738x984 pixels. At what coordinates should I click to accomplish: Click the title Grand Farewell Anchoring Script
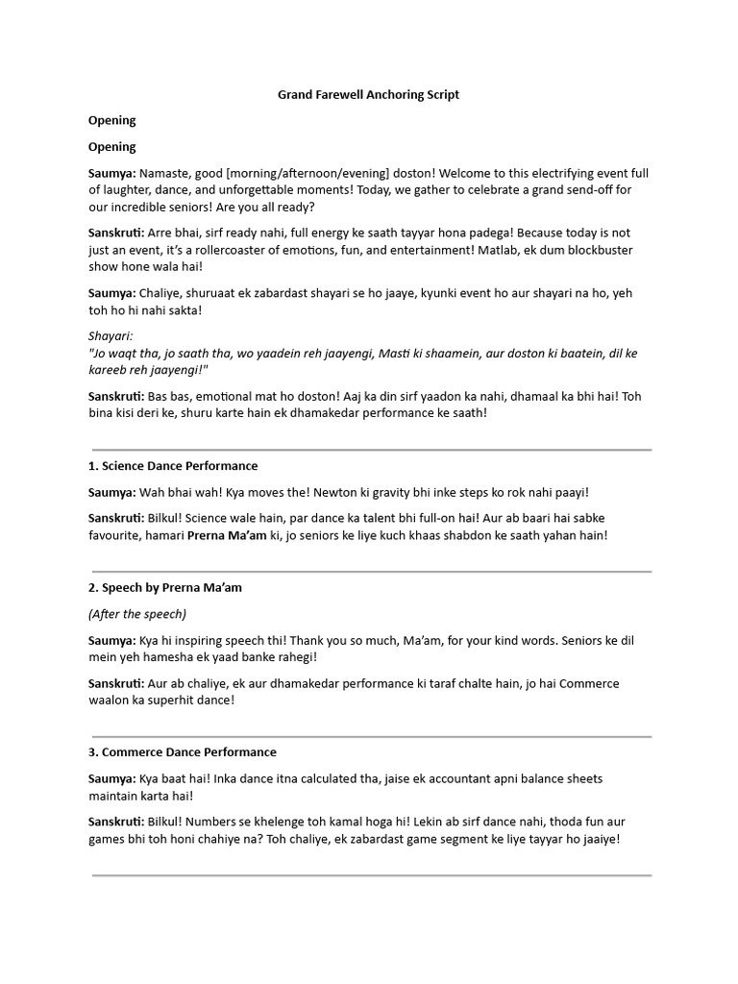point(368,94)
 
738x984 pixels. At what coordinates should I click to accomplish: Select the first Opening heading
point(111,120)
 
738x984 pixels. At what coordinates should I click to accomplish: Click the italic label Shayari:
point(111,336)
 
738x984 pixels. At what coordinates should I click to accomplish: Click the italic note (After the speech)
point(137,613)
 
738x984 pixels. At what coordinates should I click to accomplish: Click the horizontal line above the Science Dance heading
point(371,449)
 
